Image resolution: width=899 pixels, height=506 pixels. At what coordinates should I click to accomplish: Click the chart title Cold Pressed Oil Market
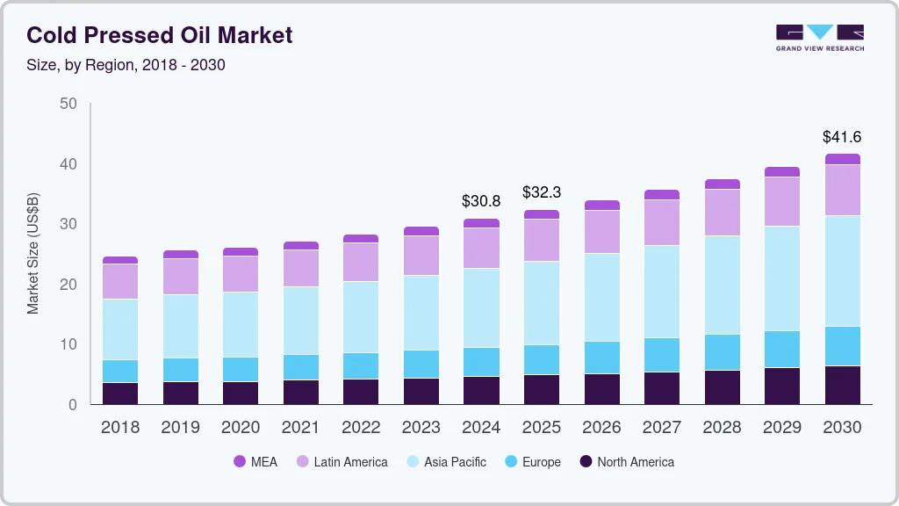click(159, 35)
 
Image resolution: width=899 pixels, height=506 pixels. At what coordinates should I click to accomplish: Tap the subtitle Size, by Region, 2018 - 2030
click(126, 65)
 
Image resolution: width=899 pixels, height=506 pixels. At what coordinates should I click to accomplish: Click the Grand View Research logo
click(819, 37)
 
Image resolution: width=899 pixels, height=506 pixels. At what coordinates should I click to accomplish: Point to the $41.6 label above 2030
click(841, 137)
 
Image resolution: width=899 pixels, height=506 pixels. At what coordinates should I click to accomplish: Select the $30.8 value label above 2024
click(481, 201)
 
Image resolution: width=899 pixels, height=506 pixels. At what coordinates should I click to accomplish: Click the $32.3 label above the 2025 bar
click(541, 192)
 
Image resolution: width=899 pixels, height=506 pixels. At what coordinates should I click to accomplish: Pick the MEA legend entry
click(255, 461)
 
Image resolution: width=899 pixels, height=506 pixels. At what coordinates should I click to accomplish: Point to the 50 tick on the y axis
click(68, 104)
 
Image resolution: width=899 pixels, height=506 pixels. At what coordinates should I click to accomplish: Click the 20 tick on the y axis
click(68, 285)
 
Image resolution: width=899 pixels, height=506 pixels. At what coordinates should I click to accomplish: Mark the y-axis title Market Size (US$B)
click(33, 254)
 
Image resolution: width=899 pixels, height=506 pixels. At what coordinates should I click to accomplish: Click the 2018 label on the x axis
click(120, 428)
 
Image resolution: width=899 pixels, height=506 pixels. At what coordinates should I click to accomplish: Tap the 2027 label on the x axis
click(661, 428)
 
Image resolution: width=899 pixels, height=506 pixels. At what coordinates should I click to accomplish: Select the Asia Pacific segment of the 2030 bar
click(842, 271)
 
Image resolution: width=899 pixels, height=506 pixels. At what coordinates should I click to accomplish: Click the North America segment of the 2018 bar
click(120, 394)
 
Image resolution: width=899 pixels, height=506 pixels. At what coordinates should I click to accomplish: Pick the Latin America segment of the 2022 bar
click(361, 262)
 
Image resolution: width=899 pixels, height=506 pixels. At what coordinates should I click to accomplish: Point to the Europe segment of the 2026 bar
click(601, 358)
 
